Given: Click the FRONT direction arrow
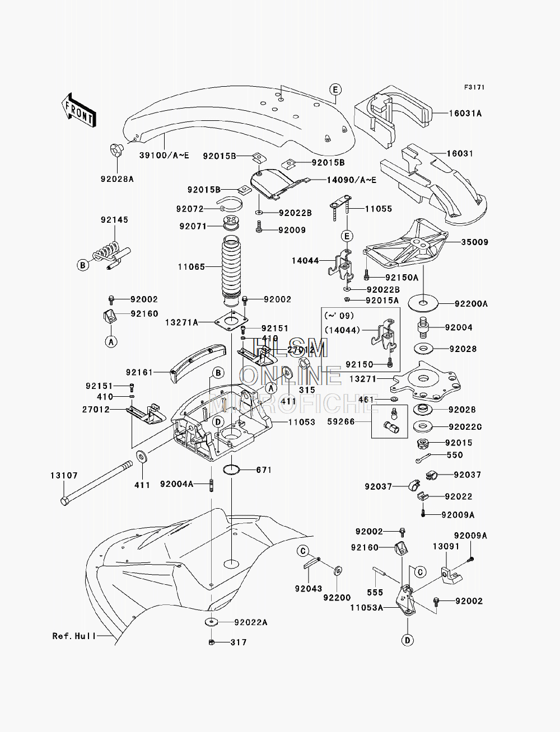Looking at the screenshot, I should tap(78, 109).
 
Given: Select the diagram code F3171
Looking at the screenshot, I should tap(473, 88).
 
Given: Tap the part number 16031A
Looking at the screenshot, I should tap(465, 114).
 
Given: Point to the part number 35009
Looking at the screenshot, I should tap(474, 242).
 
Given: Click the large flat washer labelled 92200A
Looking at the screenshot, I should tap(423, 304).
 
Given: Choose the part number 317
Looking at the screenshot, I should tap(239, 642).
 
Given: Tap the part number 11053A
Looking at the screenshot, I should tap(367, 607).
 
